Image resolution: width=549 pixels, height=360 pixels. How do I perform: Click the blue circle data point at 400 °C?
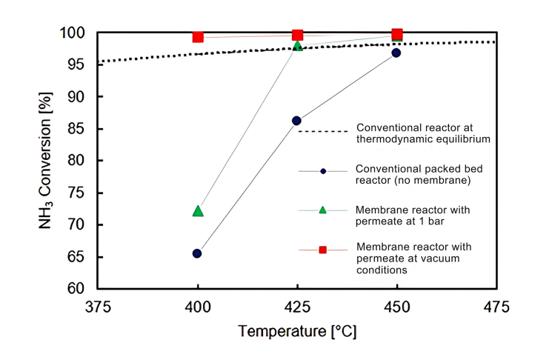[x=197, y=253]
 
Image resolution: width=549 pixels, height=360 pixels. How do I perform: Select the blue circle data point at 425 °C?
[x=297, y=121]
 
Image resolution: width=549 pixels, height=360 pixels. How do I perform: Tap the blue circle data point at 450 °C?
[x=396, y=53]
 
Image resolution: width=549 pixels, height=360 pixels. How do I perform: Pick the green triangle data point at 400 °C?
[x=198, y=211]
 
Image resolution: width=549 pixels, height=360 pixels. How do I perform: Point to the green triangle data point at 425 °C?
[x=297, y=46]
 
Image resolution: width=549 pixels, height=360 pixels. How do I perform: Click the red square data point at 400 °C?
[x=198, y=37]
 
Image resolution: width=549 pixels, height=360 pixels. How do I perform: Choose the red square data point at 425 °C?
[x=297, y=35]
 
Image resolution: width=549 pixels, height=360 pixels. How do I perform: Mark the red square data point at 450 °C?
[x=397, y=34]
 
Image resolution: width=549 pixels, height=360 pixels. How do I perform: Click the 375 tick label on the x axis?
[x=99, y=306]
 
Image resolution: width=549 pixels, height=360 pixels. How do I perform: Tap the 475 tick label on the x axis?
[x=496, y=306]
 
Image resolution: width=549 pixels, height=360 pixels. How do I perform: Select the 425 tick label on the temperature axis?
[x=297, y=306]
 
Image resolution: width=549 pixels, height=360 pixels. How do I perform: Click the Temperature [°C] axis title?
[x=297, y=330]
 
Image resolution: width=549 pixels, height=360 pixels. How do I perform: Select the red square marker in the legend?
[x=323, y=250]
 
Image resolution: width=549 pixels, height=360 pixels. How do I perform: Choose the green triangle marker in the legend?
[x=323, y=210]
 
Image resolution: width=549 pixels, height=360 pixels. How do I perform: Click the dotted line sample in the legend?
[x=323, y=131]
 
